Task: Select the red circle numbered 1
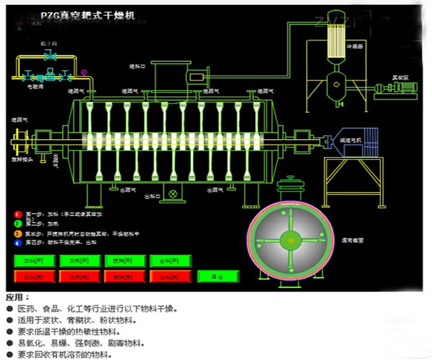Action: tap(17, 214)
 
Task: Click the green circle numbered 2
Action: tap(17, 224)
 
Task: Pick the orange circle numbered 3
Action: tap(17, 233)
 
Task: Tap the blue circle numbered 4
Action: tap(17, 243)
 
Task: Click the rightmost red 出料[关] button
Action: tap(166, 276)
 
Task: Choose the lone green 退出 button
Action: tap(210, 276)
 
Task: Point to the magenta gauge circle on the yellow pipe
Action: tap(84, 71)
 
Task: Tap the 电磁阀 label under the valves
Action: tap(35, 86)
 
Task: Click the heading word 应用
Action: tap(17, 297)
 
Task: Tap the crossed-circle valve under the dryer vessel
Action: tap(173, 194)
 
